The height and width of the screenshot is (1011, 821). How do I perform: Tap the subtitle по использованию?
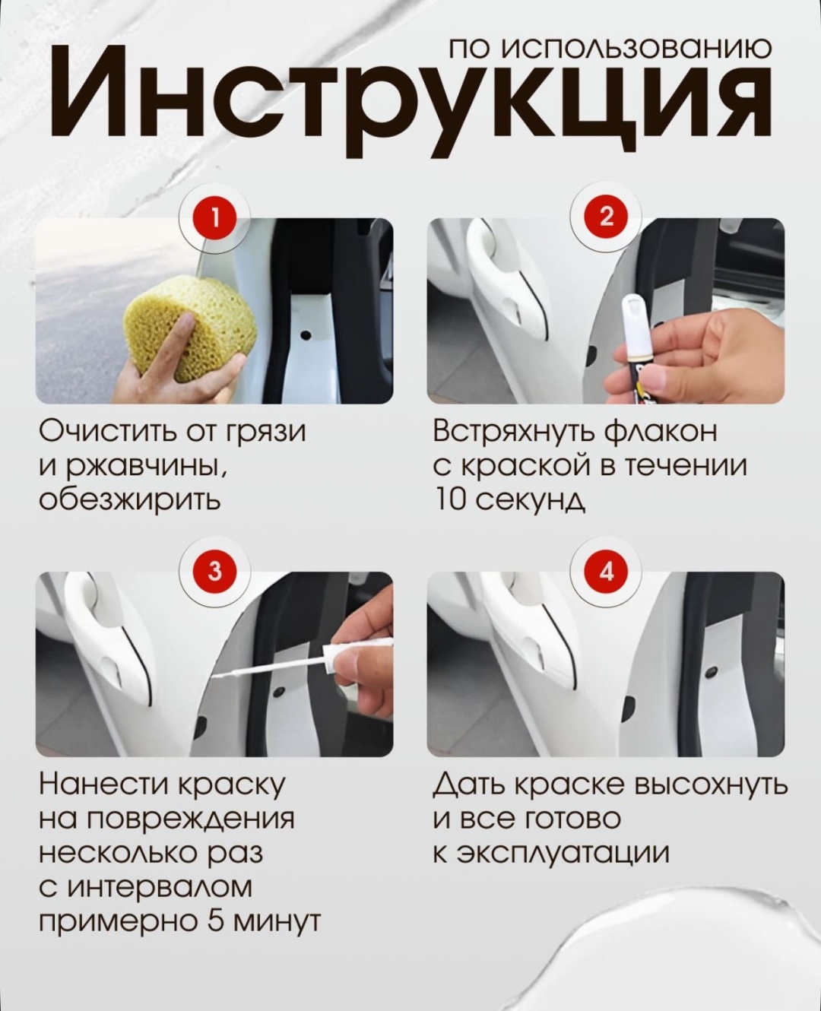pos(610,49)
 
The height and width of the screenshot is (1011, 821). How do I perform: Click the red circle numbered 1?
pos(214,219)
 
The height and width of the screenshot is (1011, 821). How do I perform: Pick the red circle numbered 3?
pos(214,571)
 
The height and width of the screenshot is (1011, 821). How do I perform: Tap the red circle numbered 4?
pos(607,571)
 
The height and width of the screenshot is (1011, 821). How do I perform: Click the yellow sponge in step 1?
pos(190,328)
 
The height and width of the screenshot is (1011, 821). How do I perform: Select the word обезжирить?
pos(129,499)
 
